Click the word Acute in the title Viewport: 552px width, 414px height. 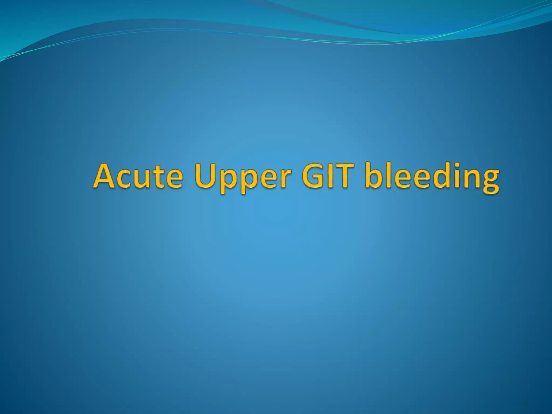(x=138, y=177)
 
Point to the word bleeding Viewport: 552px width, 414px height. (x=432, y=178)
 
